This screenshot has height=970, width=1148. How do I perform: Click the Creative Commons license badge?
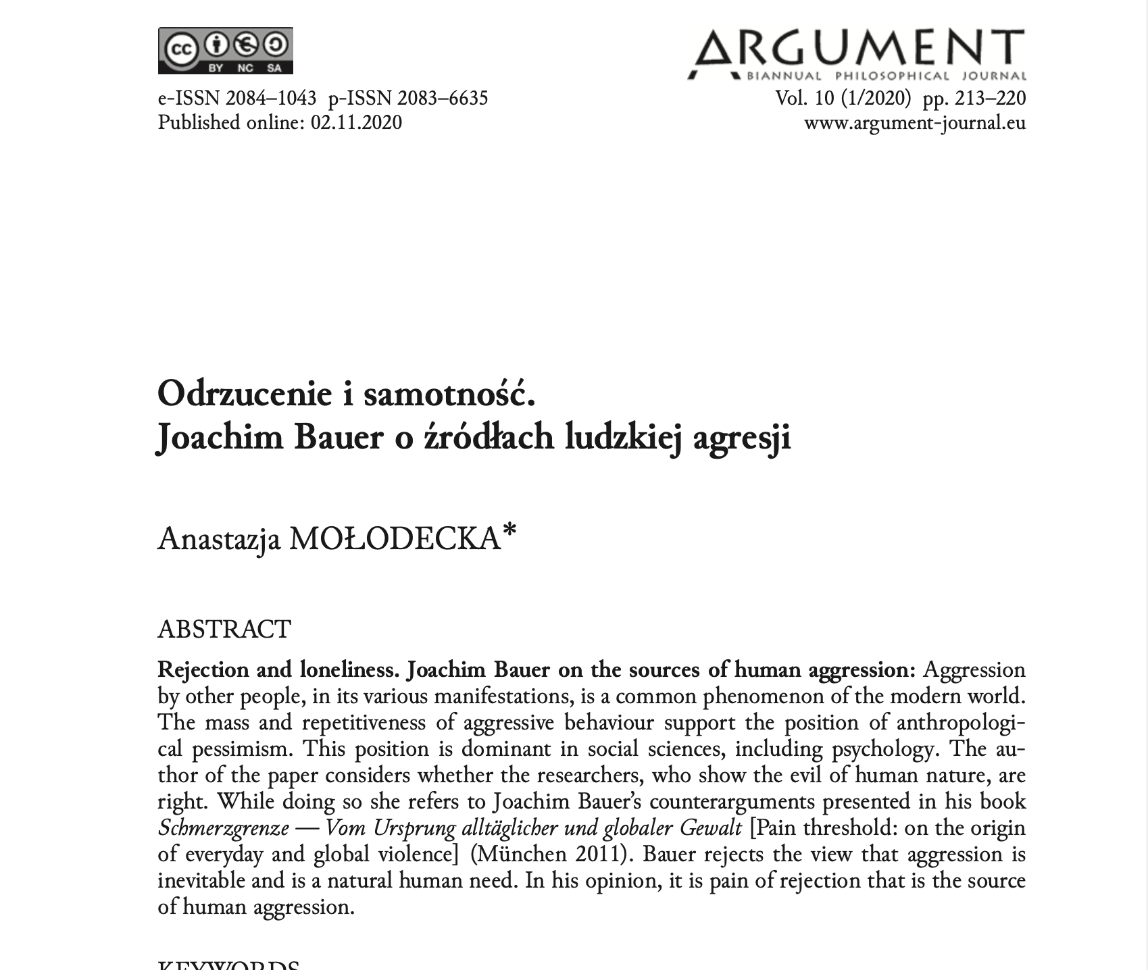pos(225,51)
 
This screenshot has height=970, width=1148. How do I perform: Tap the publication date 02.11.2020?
pos(356,122)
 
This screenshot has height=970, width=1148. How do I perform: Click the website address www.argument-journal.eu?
pos(914,122)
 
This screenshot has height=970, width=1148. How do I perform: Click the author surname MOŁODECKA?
pos(395,540)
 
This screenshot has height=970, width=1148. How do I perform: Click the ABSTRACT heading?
pos(224,629)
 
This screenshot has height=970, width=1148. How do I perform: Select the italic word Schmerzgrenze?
pos(223,828)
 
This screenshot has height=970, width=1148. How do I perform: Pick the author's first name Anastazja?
pos(219,540)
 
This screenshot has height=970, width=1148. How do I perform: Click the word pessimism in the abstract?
pos(245,749)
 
